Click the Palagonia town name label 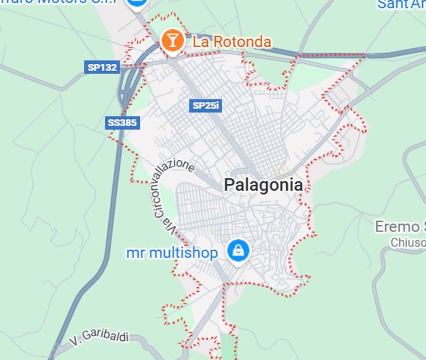[x=263, y=185]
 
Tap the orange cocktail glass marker [x=172, y=41]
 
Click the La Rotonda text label [x=232, y=42]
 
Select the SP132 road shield [x=102, y=67]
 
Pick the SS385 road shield [x=122, y=123]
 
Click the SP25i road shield [x=206, y=105]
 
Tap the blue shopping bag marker [x=238, y=251]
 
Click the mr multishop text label [x=172, y=253]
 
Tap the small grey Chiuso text [x=408, y=242]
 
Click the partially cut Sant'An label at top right [x=401, y=4]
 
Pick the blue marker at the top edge [x=137, y=4]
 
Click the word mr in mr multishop [x=134, y=253]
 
